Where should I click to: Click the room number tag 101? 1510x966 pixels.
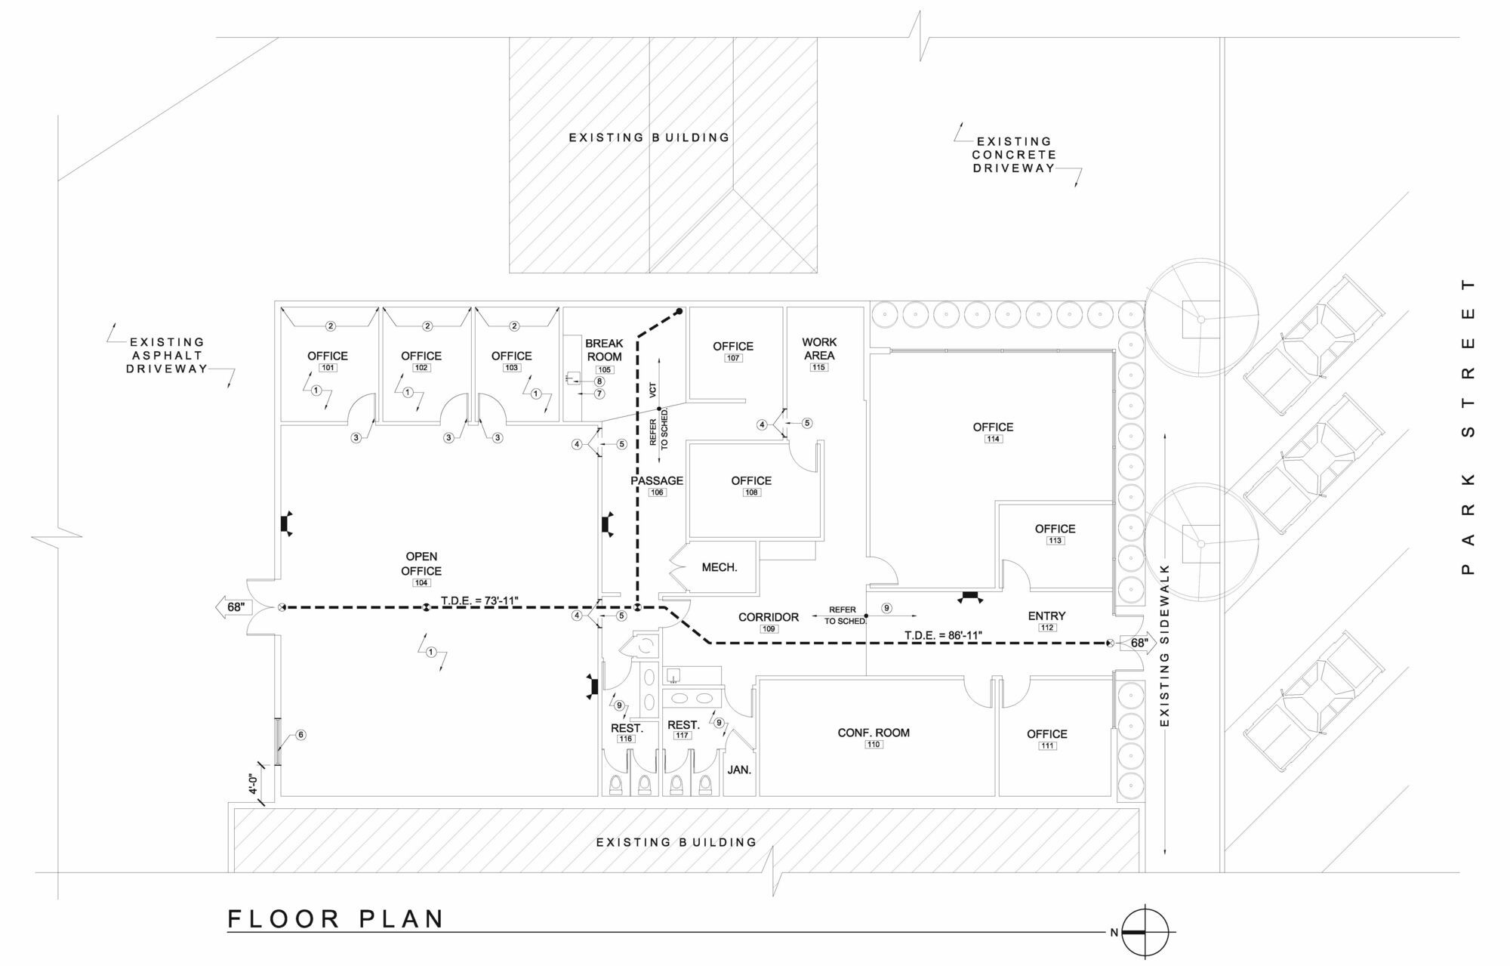328,368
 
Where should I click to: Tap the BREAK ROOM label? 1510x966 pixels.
604,350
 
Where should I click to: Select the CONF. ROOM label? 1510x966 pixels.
874,733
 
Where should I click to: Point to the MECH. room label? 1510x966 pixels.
719,567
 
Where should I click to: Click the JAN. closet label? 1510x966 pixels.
739,770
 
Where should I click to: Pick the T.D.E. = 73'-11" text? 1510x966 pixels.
479,600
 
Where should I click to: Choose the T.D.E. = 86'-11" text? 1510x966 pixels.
943,635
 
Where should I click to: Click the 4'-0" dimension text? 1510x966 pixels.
254,785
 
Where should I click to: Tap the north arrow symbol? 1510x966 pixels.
1145,932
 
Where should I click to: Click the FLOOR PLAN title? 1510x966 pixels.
336,919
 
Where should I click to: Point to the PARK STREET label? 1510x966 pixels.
1468,427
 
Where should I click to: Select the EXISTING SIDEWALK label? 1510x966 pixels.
1163,645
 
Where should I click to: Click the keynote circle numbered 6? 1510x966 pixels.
300,735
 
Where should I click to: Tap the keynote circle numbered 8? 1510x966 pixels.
599,381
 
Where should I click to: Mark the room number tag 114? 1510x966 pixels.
994,439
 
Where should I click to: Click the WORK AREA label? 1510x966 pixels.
819,349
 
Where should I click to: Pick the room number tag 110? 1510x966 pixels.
874,745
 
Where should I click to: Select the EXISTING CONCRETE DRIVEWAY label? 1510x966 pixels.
1014,155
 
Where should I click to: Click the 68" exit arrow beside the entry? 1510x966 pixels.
1139,643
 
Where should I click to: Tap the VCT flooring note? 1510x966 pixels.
653,389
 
